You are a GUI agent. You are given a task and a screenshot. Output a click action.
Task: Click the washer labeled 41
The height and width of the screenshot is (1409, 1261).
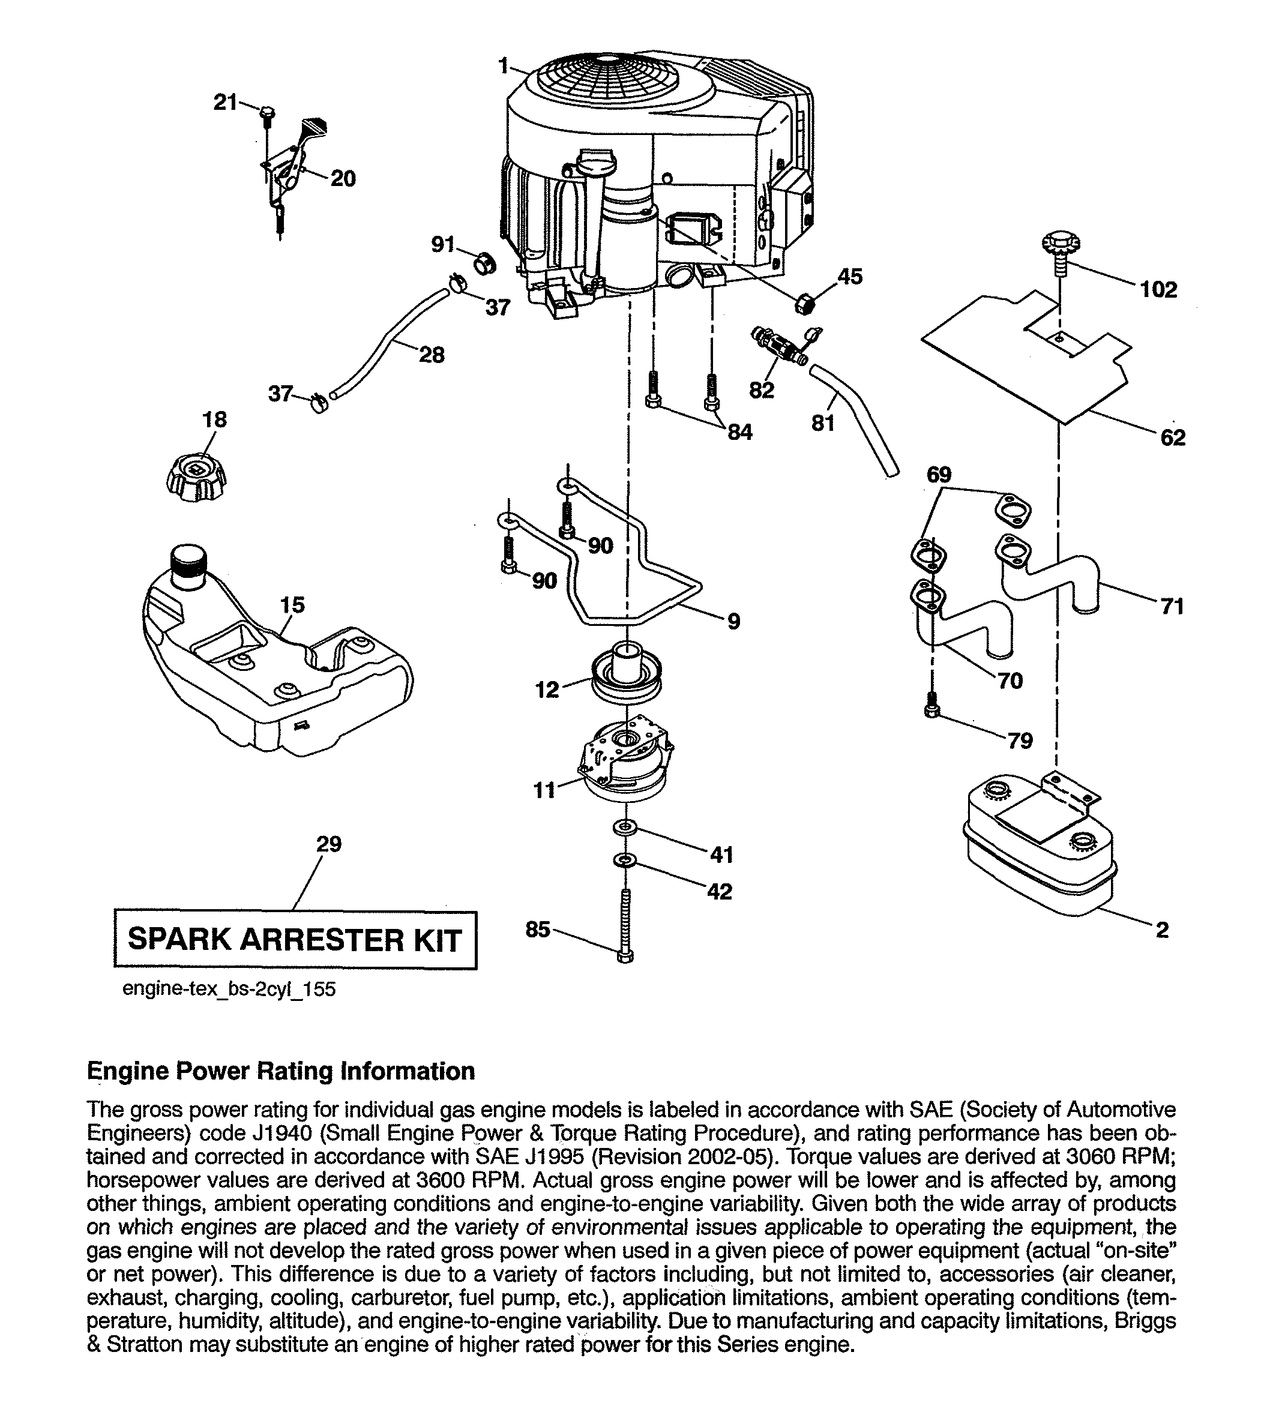click(x=625, y=827)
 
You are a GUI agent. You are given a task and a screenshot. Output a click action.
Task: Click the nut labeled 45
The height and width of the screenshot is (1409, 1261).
click(x=804, y=302)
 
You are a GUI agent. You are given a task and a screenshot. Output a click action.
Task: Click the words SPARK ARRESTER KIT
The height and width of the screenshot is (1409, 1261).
click(x=295, y=939)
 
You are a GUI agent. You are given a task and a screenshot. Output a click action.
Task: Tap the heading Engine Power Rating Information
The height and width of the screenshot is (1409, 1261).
click(x=281, y=1071)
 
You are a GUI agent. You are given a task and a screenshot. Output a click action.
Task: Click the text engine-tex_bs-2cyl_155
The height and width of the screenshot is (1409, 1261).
click(x=229, y=988)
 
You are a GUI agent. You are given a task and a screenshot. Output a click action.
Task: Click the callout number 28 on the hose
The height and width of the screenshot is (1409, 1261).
click(x=432, y=355)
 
